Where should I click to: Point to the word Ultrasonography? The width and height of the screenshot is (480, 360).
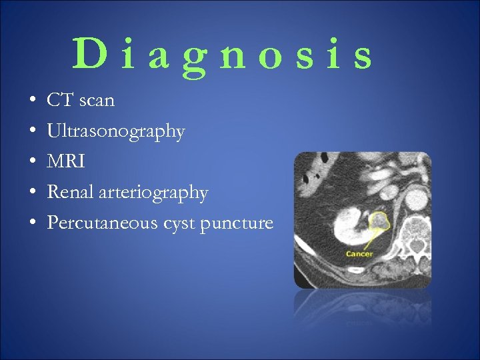coord(115,132)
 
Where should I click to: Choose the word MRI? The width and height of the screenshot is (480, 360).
coord(65,162)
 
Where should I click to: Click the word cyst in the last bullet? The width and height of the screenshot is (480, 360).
coord(179,223)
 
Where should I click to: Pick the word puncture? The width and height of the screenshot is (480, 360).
coord(240,223)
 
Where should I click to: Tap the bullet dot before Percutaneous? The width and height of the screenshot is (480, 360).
coord(33,223)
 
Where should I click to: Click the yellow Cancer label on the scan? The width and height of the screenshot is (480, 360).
coord(359,254)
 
